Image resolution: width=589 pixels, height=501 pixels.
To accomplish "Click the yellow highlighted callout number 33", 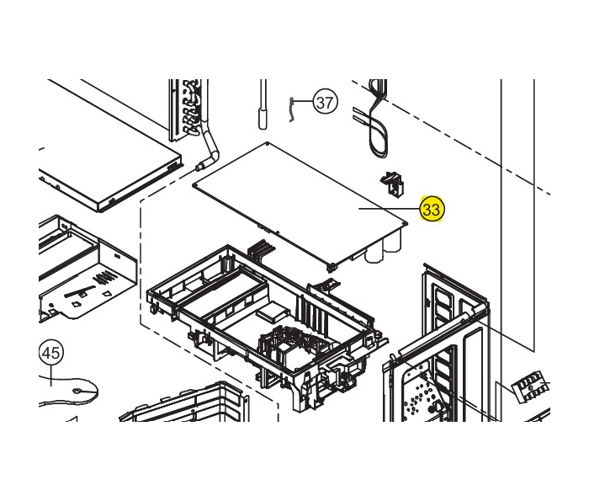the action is click(432, 210).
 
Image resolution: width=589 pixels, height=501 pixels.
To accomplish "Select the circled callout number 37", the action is click(326, 102).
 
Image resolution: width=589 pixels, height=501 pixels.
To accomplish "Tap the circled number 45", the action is click(51, 354).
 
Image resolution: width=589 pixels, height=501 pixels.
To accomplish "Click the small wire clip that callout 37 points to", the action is click(291, 109).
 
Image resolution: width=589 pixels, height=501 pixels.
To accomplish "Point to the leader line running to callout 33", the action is click(390, 209).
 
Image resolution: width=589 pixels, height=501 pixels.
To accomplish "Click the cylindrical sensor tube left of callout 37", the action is click(263, 104).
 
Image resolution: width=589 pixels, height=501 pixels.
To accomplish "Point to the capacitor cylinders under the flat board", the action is click(382, 248).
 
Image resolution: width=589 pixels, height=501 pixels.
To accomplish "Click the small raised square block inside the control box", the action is click(272, 310).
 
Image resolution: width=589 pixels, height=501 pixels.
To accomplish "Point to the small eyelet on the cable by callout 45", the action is click(77, 391).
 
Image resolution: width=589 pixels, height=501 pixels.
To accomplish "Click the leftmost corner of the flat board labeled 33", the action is click(194, 185).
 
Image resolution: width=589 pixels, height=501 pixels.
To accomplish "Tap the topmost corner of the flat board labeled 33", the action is click(267, 143).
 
